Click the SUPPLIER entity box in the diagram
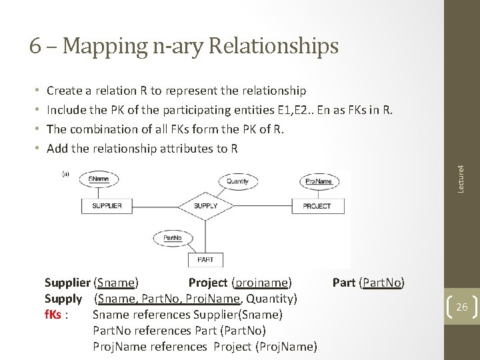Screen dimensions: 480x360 [107, 206]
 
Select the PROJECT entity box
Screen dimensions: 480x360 [317, 206]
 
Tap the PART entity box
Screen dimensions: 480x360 [205, 259]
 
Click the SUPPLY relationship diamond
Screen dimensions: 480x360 [205, 206]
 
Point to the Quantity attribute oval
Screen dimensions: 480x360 [237, 181]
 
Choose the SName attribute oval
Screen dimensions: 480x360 [99, 179]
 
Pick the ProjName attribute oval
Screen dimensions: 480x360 [318, 181]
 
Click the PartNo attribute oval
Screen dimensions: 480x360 [173, 237]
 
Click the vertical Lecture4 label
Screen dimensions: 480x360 [460, 171]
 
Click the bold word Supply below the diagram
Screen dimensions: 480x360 [63, 298]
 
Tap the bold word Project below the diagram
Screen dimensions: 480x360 [208, 282]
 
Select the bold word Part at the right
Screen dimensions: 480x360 [343, 282]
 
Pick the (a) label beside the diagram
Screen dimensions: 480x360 [66, 174]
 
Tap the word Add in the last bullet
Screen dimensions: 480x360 [57, 148]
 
